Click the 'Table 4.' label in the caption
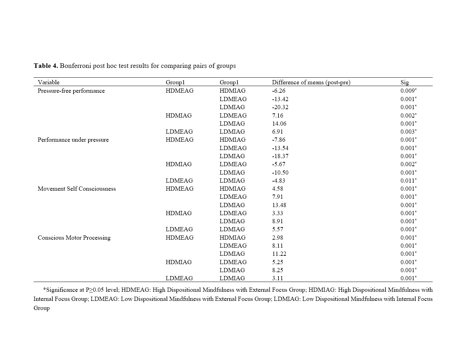(46, 66)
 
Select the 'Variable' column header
(49, 83)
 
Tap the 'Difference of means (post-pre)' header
(311, 83)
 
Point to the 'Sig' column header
(404, 83)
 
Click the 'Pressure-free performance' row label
(71, 91)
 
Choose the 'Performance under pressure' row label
(73, 140)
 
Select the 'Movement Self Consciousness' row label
(77, 189)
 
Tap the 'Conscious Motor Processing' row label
(74, 238)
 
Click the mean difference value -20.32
(280, 107)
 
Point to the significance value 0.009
(408, 91)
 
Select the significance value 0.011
(408, 181)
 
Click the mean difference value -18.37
(280, 156)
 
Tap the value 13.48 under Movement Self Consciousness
(279, 205)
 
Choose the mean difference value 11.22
(279, 254)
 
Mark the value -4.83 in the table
(278, 181)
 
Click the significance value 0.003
(408, 132)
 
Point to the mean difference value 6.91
(278, 132)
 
